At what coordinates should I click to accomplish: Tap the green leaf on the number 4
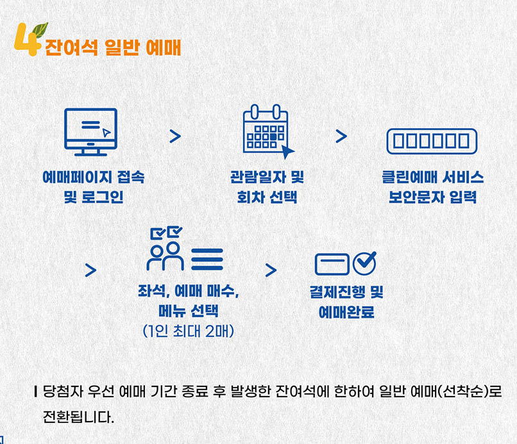tap(40, 29)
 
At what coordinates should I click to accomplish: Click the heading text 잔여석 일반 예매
tap(113, 48)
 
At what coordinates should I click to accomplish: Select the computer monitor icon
tap(90, 131)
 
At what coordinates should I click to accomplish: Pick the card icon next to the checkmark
tap(332, 263)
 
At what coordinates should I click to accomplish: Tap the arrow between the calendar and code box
tap(341, 136)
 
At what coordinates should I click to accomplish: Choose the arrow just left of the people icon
tap(90, 270)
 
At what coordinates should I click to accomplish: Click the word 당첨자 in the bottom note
tap(61, 390)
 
